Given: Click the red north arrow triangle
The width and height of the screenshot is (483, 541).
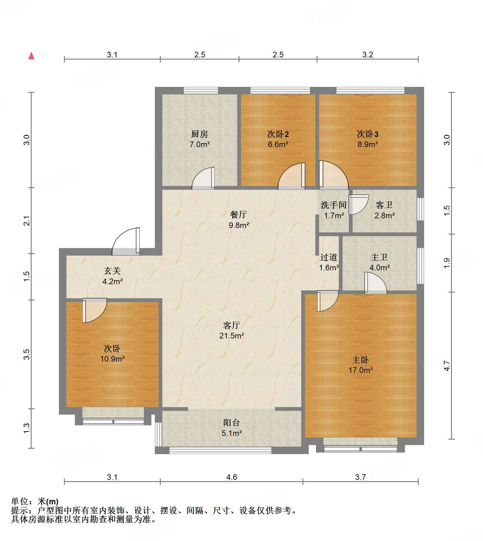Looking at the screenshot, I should click(31, 56).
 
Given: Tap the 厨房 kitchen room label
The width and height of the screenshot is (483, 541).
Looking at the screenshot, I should click(200, 134).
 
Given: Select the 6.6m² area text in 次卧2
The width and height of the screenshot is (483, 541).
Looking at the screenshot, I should click(278, 145).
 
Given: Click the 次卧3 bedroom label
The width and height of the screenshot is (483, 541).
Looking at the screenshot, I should click(368, 134).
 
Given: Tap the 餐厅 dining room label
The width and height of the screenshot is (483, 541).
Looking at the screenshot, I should click(239, 215).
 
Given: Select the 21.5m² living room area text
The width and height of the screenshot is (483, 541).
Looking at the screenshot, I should click(232, 336).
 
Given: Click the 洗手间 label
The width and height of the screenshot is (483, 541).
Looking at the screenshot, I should click(333, 205).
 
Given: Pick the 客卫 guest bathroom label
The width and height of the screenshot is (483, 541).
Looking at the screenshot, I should click(384, 205).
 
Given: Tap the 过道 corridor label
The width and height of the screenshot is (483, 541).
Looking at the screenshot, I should click(329, 257).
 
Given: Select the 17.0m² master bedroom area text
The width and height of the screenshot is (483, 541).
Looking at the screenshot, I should click(360, 370).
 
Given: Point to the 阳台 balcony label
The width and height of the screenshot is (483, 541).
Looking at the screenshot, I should click(232, 423).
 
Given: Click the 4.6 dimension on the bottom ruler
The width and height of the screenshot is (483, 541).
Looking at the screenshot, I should click(232, 477).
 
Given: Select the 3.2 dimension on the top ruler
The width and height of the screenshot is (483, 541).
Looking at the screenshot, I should click(368, 55).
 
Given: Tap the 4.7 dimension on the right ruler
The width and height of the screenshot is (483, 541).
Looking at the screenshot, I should click(447, 366).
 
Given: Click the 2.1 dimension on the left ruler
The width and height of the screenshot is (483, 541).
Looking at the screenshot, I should click(27, 220).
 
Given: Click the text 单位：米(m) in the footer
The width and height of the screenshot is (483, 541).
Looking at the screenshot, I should click(35, 501).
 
